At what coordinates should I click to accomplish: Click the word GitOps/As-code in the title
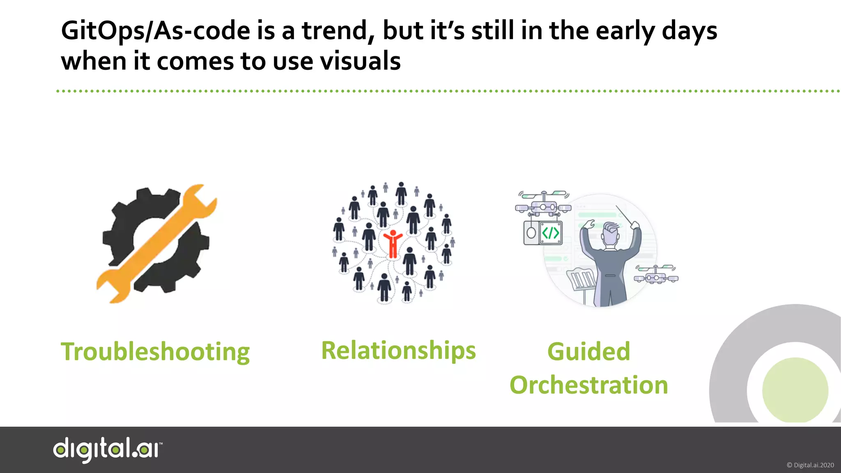156,31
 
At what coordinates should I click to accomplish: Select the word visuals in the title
360,62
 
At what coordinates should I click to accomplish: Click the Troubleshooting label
155,352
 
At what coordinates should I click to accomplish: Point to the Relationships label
398,351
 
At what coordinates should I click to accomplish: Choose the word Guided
588,352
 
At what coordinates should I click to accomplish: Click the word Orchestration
588,385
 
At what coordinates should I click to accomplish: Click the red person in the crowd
393,244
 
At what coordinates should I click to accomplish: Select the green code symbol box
550,233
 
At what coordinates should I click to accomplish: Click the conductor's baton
625,215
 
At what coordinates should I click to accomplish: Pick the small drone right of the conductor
656,275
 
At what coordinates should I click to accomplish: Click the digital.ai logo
108,450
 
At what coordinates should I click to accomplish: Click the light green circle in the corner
795,390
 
